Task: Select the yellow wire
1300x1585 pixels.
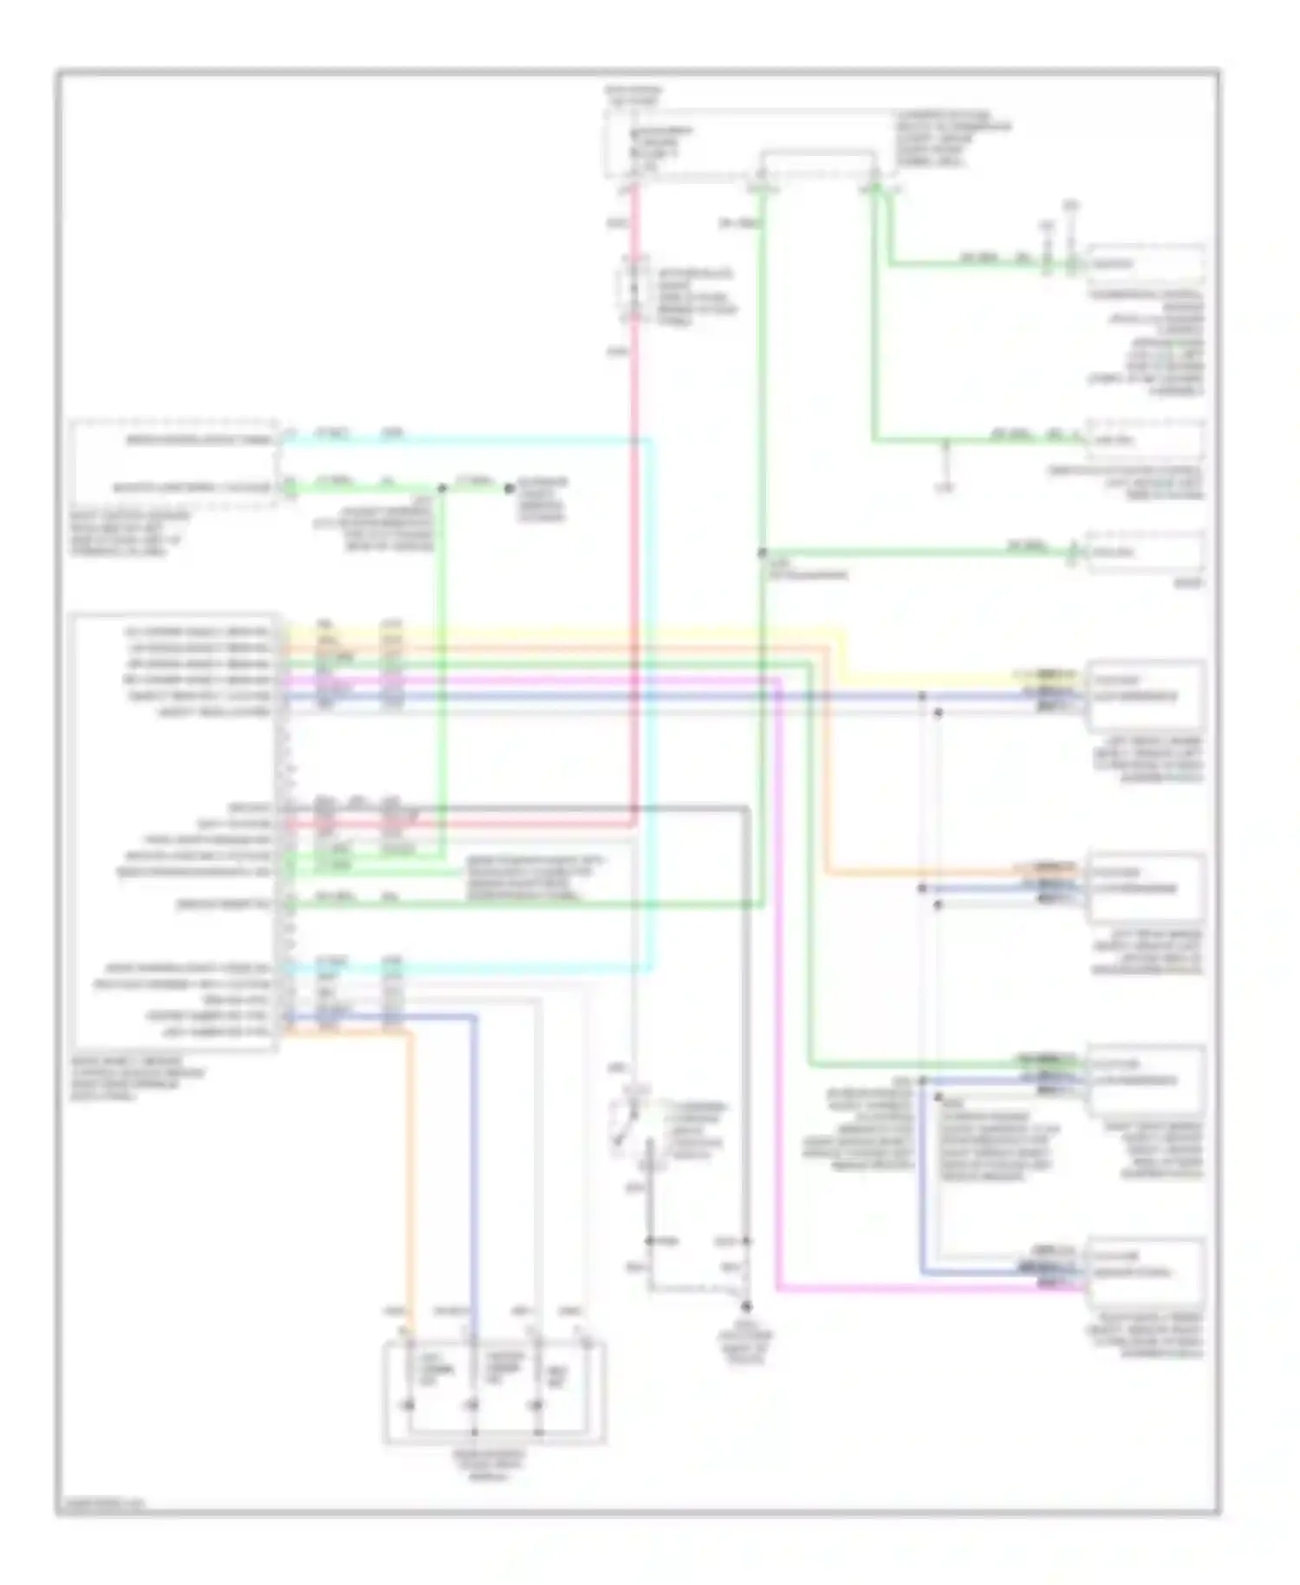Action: click(x=563, y=630)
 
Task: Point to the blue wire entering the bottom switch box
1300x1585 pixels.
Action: click(x=474, y=1171)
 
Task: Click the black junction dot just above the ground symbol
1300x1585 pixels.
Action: click(x=745, y=1306)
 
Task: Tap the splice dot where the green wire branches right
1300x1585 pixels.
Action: click(x=763, y=552)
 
